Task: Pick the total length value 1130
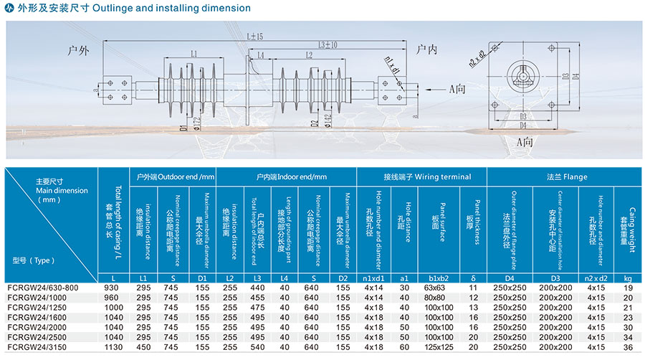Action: (113, 348)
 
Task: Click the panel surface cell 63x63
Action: (434, 288)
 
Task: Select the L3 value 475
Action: (258, 308)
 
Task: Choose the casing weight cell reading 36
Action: (629, 348)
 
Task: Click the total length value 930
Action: (113, 288)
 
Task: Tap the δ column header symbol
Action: (473, 278)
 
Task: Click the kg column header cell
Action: (629, 278)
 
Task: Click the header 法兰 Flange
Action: (565, 176)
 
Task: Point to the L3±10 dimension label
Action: (328, 45)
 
